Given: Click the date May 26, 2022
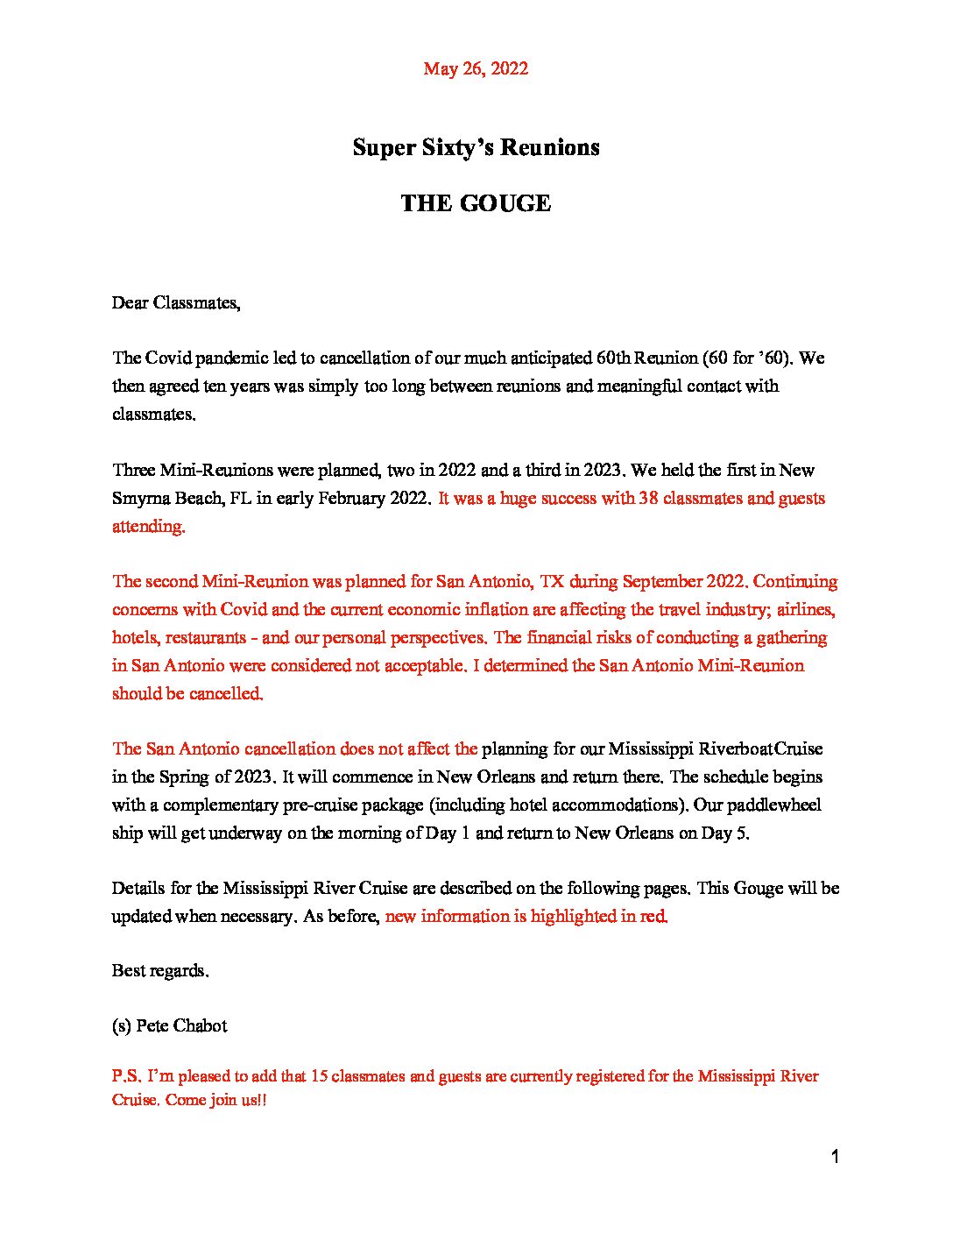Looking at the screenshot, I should pyautogui.click(x=476, y=68).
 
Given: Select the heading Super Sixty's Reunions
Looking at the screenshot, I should pyautogui.click(x=476, y=147).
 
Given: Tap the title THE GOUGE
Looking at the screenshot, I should pyautogui.click(x=476, y=203).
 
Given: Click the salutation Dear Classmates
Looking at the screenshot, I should pyautogui.click(x=175, y=303).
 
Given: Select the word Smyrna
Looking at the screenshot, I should pyautogui.click(x=140, y=499).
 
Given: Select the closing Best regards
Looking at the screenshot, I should pyautogui.click(x=160, y=971).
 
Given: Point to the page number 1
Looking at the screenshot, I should pyautogui.click(x=835, y=1157).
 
